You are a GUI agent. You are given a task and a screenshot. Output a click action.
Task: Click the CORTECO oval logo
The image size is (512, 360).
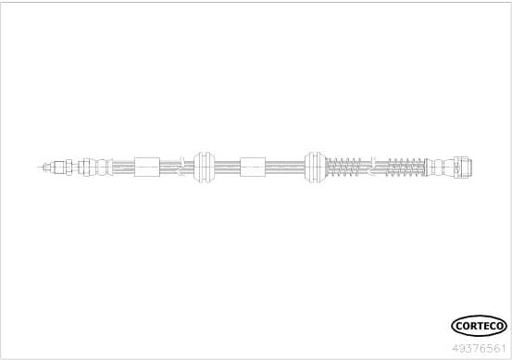coord(479,325)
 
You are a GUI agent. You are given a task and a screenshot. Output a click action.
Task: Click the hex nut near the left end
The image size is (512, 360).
coord(66,168)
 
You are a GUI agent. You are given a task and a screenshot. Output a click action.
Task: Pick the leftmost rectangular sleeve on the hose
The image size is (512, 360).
coord(147,168)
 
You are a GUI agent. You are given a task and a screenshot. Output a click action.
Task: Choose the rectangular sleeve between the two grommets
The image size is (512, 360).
coord(252,168)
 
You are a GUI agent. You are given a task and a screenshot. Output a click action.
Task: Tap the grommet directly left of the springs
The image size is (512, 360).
coord(313,168)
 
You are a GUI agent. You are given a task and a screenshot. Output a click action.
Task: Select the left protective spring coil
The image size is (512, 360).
coord(344,168)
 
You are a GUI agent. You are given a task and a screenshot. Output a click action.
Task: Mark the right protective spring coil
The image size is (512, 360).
coord(405,168)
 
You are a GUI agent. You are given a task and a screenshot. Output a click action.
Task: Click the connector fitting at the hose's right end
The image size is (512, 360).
coord(467,168)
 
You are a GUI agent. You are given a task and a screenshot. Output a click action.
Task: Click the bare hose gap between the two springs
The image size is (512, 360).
coord(374,168)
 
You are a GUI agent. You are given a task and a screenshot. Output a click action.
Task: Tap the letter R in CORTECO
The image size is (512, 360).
coord(472,325)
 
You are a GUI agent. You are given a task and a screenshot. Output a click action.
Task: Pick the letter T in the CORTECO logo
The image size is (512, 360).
coord(480,325)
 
